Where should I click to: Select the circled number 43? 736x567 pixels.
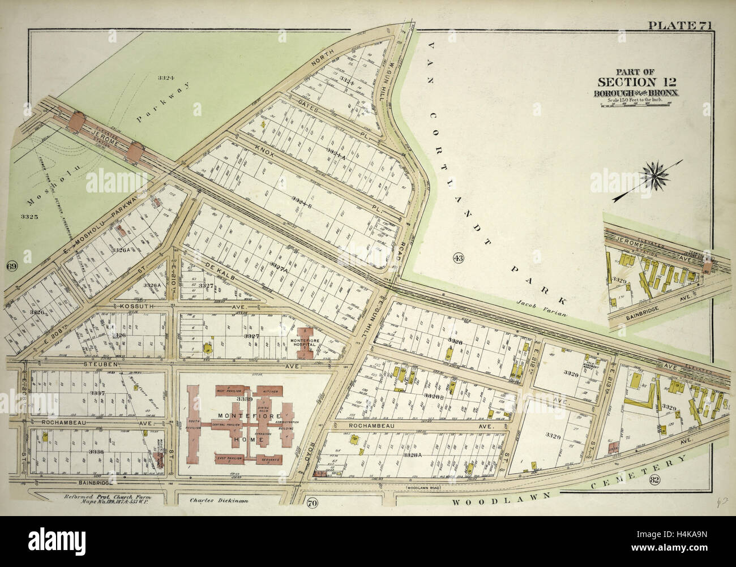point(459,259)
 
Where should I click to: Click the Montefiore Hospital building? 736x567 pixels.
point(306,341)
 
